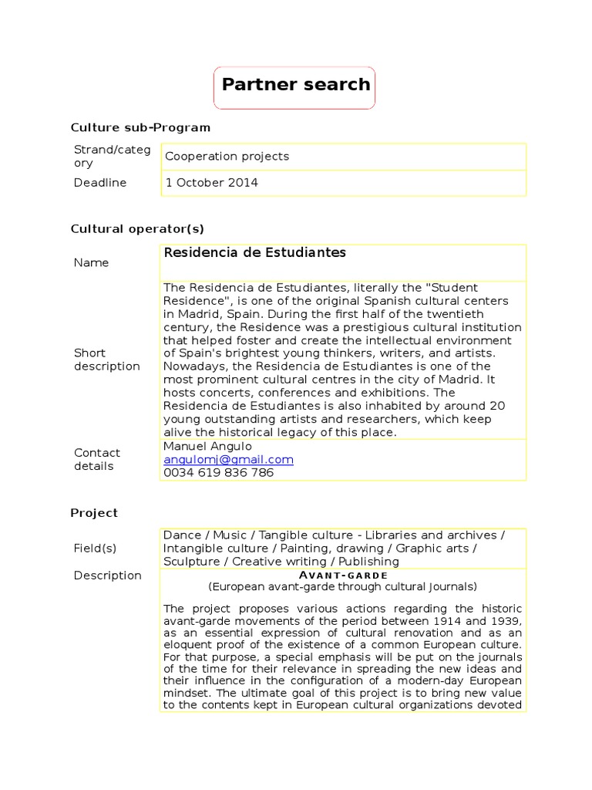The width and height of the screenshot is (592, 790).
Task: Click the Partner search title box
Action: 295,86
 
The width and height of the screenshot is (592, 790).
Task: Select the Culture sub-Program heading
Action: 140,127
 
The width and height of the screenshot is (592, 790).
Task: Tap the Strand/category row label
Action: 112,156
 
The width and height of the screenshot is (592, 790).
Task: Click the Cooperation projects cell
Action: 227,156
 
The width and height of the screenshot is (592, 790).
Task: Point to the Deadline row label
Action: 100,183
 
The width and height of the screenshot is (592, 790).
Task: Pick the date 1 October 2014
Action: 212,183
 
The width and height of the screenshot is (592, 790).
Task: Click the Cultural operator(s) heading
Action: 137,228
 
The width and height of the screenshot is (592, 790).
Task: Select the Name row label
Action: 91,262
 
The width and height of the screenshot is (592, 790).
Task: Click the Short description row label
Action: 106,359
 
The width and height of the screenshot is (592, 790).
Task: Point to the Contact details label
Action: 97,459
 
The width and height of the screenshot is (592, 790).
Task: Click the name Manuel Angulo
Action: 207,446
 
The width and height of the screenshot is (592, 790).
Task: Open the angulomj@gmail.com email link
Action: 228,459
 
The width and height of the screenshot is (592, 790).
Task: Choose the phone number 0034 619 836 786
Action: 218,472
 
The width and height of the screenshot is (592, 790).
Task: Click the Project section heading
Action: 94,512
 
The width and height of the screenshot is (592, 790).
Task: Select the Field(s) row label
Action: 95,548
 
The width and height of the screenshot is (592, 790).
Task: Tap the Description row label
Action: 107,575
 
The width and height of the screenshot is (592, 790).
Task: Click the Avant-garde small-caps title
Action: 342,575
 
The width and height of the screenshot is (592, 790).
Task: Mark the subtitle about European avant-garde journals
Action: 342,586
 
